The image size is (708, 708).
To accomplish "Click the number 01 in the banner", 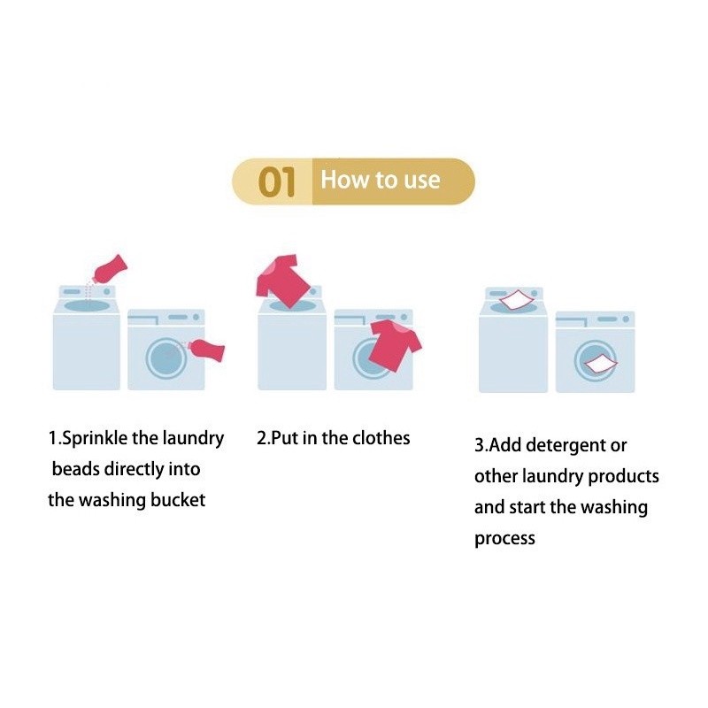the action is pyautogui.click(x=277, y=181).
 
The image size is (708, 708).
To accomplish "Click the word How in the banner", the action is pyautogui.click(x=345, y=180).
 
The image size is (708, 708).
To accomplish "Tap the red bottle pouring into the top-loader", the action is pyautogui.click(x=110, y=270).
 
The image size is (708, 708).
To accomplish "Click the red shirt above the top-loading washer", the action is pyautogui.click(x=282, y=281).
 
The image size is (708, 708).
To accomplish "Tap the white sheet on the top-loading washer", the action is pyautogui.click(x=518, y=300).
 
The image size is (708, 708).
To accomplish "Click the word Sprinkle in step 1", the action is pyautogui.click(x=95, y=438).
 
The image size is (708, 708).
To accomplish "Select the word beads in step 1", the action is pyautogui.click(x=76, y=469).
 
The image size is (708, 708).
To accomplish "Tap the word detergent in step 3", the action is pyautogui.click(x=566, y=446).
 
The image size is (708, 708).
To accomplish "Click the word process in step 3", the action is pyautogui.click(x=504, y=539).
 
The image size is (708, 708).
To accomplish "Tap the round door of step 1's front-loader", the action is pyautogui.click(x=165, y=358).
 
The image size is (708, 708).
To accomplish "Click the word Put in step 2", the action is pyautogui.click(x=284, y=438).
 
